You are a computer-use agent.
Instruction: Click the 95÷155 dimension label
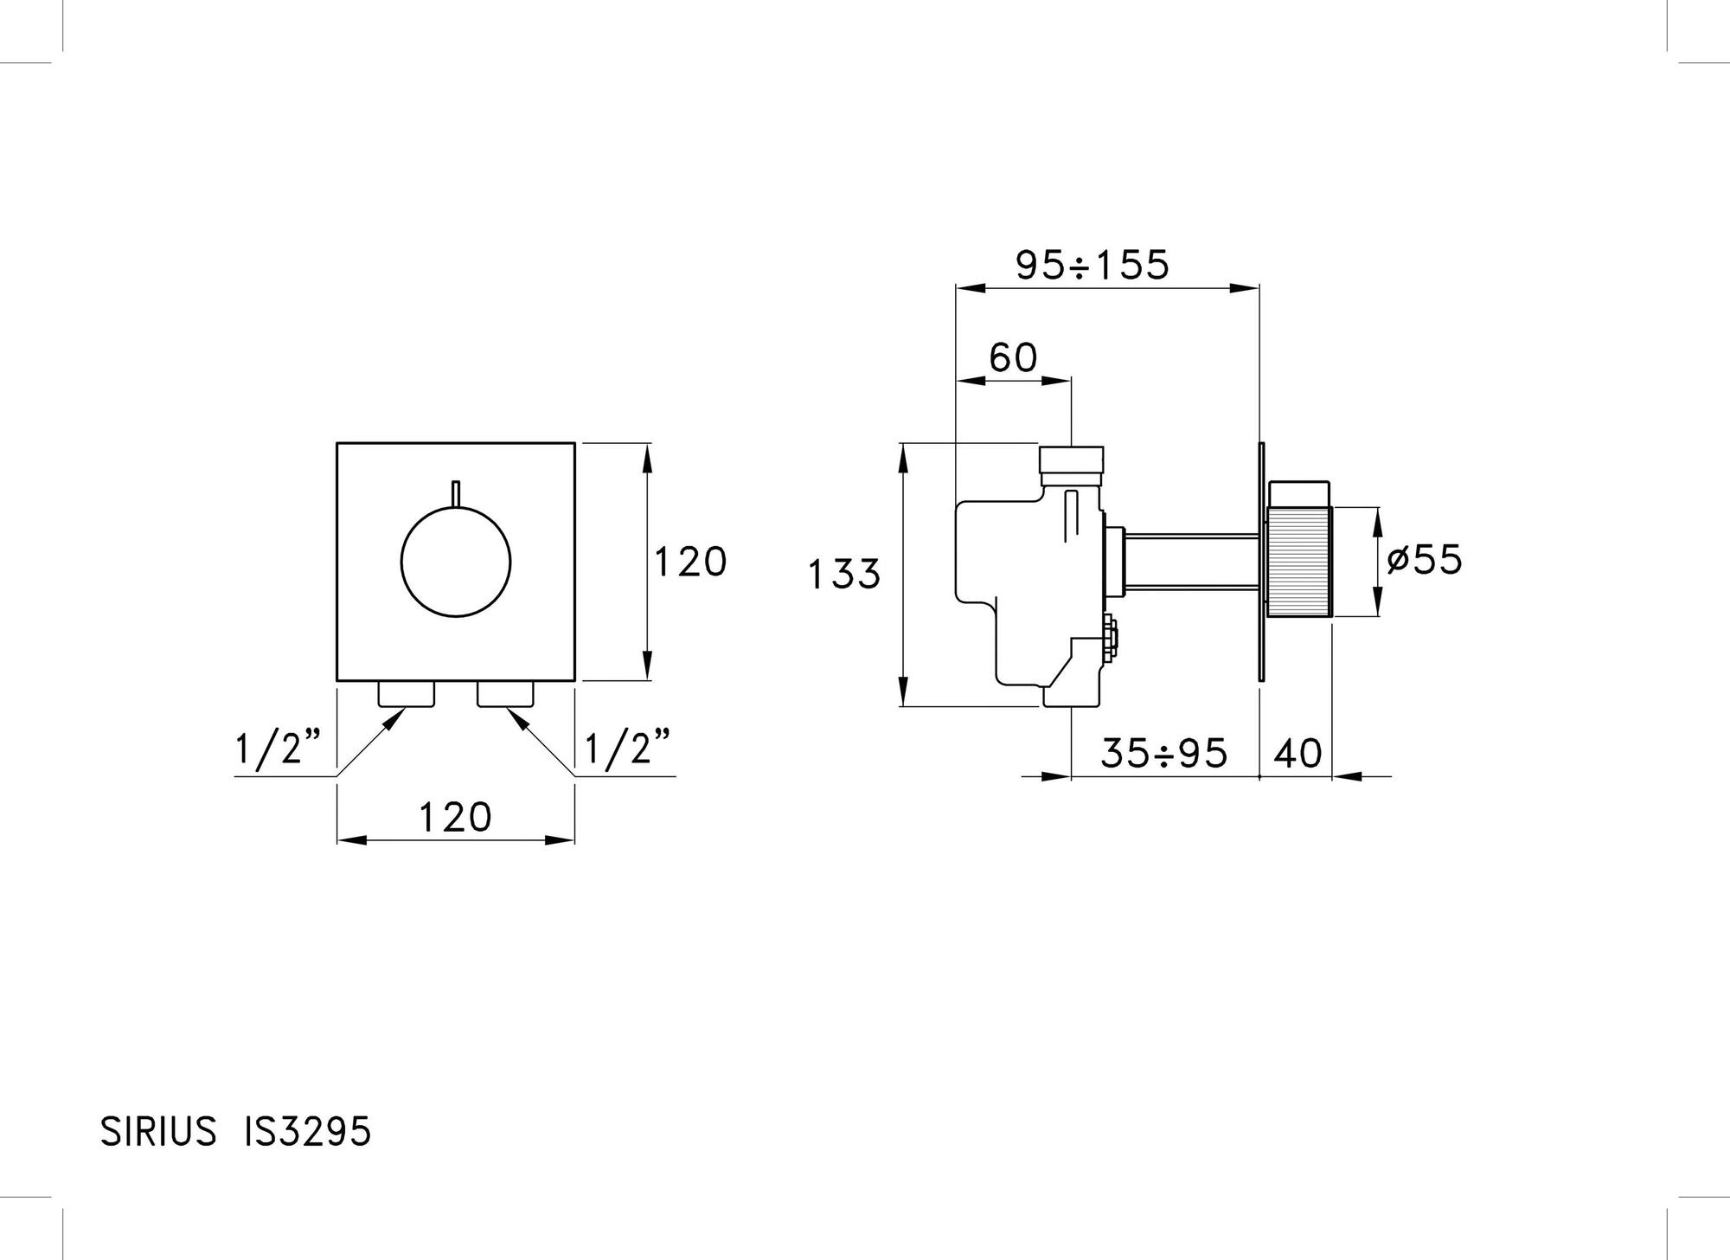[1092, 265]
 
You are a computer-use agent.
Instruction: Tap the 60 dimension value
[1013, 357]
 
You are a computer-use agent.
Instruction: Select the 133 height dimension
[844, 574]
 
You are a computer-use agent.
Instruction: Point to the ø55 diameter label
[1423, 560]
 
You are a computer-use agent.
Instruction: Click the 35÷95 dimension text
[1163, 753]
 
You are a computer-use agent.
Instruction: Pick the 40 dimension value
[1298, 753]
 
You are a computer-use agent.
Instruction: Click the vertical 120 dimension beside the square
[689, 562]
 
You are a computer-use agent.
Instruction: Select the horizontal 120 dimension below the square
[456, 817]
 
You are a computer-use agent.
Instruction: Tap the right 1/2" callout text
[629, 748]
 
